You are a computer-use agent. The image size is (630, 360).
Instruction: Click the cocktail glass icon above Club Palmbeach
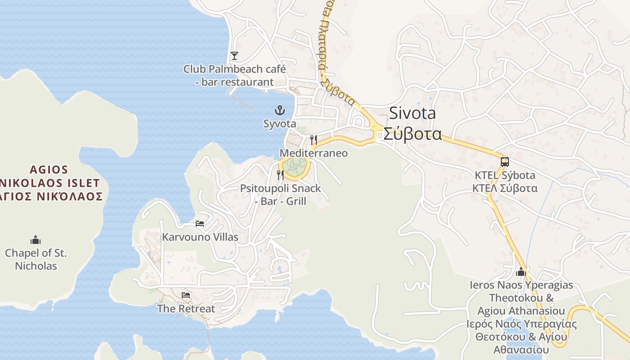(234, 56)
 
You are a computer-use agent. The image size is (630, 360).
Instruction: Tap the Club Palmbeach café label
(234, 76)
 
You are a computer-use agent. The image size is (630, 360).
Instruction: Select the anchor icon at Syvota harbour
(280, 110)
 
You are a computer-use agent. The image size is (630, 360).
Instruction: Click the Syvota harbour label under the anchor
(280, 124)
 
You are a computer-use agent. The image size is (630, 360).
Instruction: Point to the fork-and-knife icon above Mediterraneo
(314, 139)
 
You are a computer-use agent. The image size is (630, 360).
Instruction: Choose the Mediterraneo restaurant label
(314, 153)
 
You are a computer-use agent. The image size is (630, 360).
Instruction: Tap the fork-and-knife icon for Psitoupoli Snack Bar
(280, 175)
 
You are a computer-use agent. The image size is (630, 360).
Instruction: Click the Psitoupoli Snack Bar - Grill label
(280, 194)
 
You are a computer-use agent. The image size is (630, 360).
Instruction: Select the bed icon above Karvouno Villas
(200, 223)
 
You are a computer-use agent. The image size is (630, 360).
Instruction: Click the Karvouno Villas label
(200, 237)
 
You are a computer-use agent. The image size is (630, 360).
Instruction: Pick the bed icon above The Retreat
(186, 295)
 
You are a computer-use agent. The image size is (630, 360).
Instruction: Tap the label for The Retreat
(186, 309)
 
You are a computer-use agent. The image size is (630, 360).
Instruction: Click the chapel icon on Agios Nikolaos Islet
(36, 240)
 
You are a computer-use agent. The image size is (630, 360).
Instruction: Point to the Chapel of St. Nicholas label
(36, 259)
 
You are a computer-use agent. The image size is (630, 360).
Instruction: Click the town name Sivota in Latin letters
(412, 113)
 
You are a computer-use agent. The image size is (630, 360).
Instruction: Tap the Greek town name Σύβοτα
(412, 134)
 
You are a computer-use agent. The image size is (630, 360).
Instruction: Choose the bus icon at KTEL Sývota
(505, 162)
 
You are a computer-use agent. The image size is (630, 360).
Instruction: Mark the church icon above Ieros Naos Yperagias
(522, 272)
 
